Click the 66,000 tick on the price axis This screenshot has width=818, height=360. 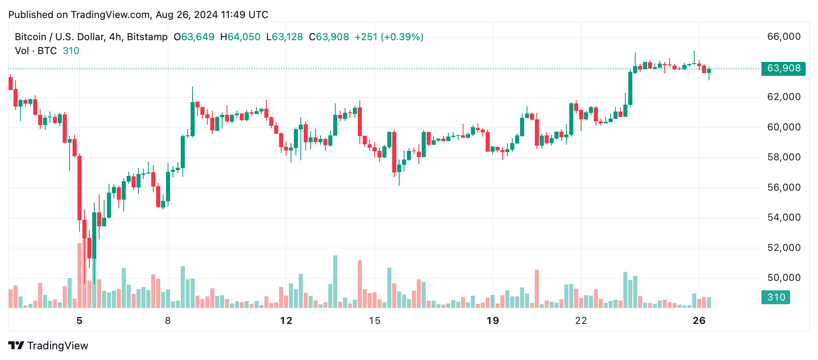point(784,37)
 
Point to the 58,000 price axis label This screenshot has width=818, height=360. point(784,157)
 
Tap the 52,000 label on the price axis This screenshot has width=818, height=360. point(784,248)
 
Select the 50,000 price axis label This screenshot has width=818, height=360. point(784,278)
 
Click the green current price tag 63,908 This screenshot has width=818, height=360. point(783,68)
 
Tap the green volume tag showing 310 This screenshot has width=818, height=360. point(775,297)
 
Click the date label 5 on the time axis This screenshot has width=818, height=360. point(80,321)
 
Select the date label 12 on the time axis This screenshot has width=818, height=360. point(286,321)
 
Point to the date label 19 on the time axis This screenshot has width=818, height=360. point(493,321)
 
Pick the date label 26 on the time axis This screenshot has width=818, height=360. point(699,321)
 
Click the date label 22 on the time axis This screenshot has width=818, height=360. point(581,321)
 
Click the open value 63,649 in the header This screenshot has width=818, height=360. point(198,37)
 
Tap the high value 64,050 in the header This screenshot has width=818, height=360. point(244,37)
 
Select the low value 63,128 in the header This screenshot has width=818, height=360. point(287,37)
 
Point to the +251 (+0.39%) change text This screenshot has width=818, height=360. point(389,37)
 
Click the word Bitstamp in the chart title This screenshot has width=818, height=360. point(147,37)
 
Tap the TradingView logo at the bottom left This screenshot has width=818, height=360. point(48,346)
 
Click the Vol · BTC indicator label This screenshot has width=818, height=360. point(36,51)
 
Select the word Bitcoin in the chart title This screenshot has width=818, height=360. point(30,37)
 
